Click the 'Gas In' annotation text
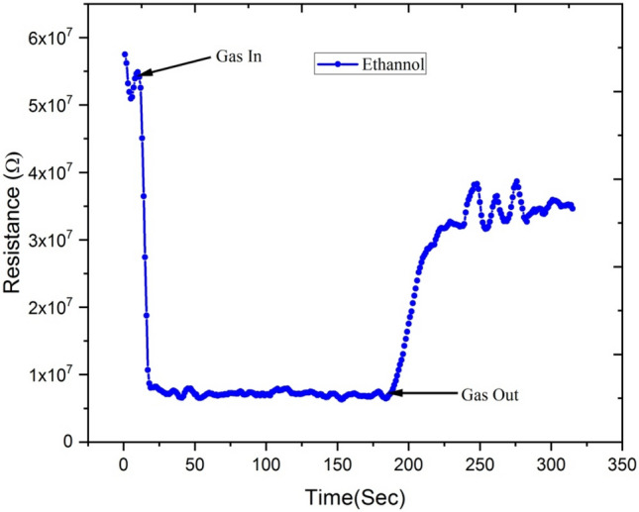[239, 55]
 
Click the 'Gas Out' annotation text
[489, 394]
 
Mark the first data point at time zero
[125, 54]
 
